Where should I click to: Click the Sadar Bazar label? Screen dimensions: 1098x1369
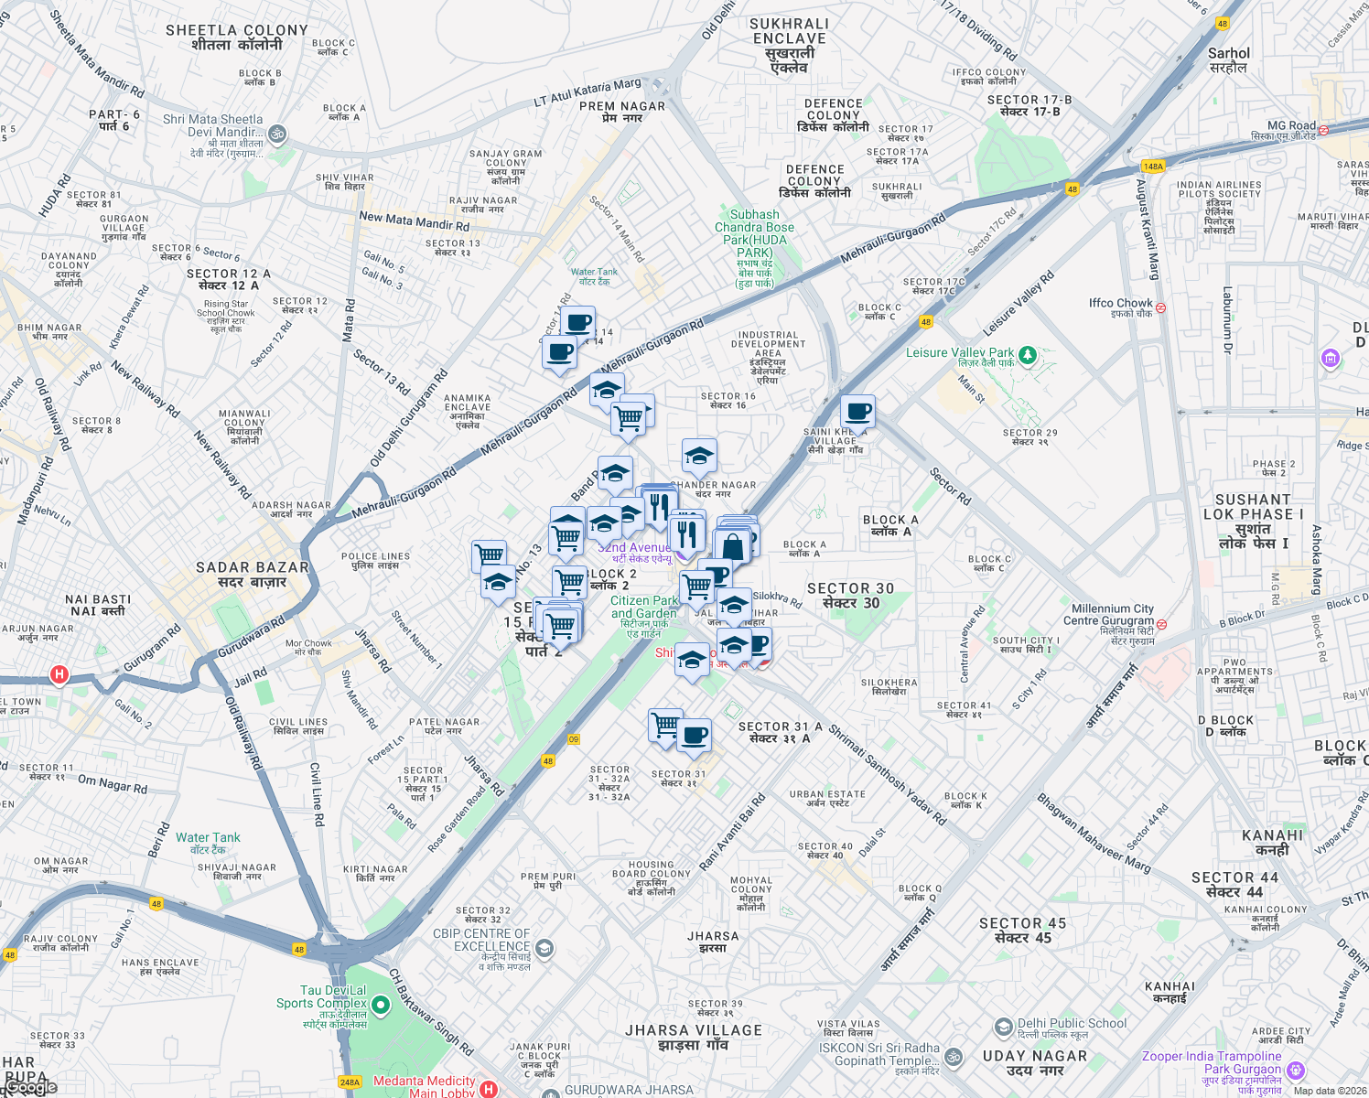click(x=253, y=574)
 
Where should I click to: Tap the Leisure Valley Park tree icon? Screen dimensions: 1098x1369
click(x=1028, y=354)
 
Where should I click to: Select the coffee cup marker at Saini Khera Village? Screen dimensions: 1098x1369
click(x=857, y=412)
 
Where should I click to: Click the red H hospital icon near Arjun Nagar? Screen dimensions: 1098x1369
click(x=59, y=675)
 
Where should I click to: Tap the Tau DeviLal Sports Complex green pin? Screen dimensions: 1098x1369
click(x=381, y=1006)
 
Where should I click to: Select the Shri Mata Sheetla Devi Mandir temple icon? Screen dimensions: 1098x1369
click(x=276, y=135)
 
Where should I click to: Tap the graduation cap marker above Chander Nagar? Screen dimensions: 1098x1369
click(x=699, y=455)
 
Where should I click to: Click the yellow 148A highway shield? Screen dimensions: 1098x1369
click(x=1153, y=167)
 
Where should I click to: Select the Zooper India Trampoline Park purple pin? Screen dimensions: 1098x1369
click(x=1295, y=1070)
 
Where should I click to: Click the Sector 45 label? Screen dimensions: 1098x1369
click(x=1022, y=931)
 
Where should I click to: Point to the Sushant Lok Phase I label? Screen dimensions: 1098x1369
click(x=1252, y=522)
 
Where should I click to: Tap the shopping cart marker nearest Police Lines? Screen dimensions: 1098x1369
click(x=489, y=554)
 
